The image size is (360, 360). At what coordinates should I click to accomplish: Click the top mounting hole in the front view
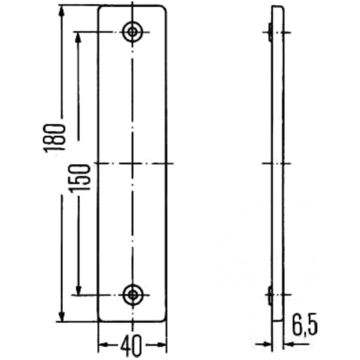pyautogui.click(x=131, y=32)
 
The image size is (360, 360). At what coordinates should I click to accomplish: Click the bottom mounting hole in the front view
pyautogui.click(x=131, y=294)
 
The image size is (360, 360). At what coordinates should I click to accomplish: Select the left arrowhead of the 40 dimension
pyautogui.click(x=103, y=344)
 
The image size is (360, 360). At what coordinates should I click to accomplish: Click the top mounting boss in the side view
pyautogui.click(x=270, y=32)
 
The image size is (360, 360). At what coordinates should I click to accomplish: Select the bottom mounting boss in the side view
pyautogui.click(x=270, y=295)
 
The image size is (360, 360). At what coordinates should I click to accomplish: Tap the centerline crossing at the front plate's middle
pyautogui.click(x=131, y=163)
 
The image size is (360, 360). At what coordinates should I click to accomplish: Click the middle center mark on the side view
pyautogui.click(x=277, y=163)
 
